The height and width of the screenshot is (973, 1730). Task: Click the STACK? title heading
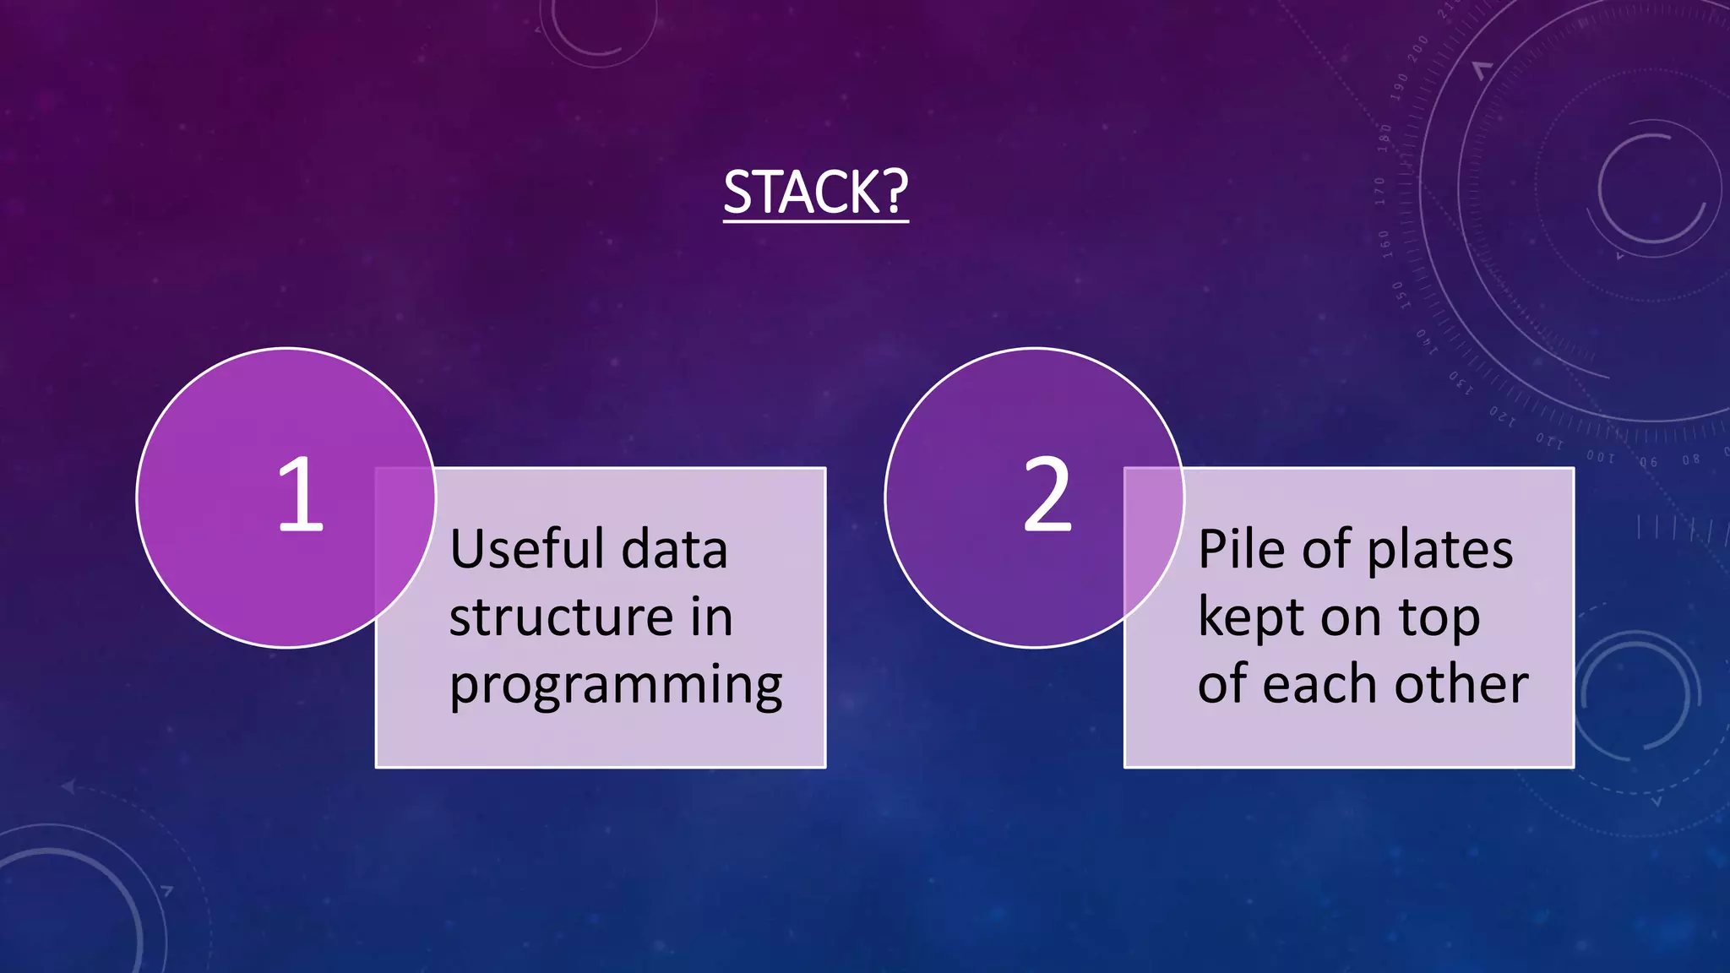pyautogui.click(x=815, y=193)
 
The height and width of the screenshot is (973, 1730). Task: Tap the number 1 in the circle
pyautogui.click(x=300, y=495)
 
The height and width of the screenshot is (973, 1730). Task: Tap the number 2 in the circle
pyautogui.click(x=1047, y=495)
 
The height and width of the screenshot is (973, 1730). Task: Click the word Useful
pyautogui.click(x=528, y=549)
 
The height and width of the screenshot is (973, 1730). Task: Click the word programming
pyautogui.click(x=616, y=686)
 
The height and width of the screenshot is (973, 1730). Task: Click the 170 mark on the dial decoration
pyautogui.click(x=1379, y=191)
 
